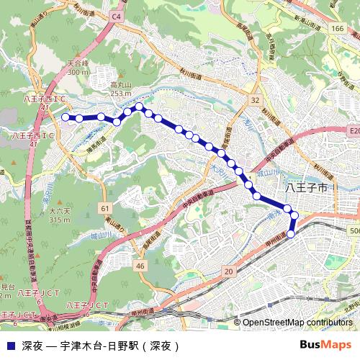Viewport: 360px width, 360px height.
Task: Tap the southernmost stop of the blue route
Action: (x=291, y=235)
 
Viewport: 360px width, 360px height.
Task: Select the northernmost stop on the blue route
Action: (x=139, y=107)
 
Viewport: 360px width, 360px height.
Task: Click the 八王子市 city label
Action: (x=307, y=187)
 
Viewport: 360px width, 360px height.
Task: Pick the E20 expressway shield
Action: (x=353, y=131)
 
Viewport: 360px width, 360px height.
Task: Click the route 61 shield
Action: (x=105, y=208)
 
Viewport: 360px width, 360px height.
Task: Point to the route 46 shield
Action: (x=140, y=266)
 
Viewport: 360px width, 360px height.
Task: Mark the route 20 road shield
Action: (x=229, y=271)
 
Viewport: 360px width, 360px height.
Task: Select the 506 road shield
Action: (x=354, y=230)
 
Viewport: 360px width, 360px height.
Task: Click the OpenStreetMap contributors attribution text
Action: (x=297, y=323)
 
